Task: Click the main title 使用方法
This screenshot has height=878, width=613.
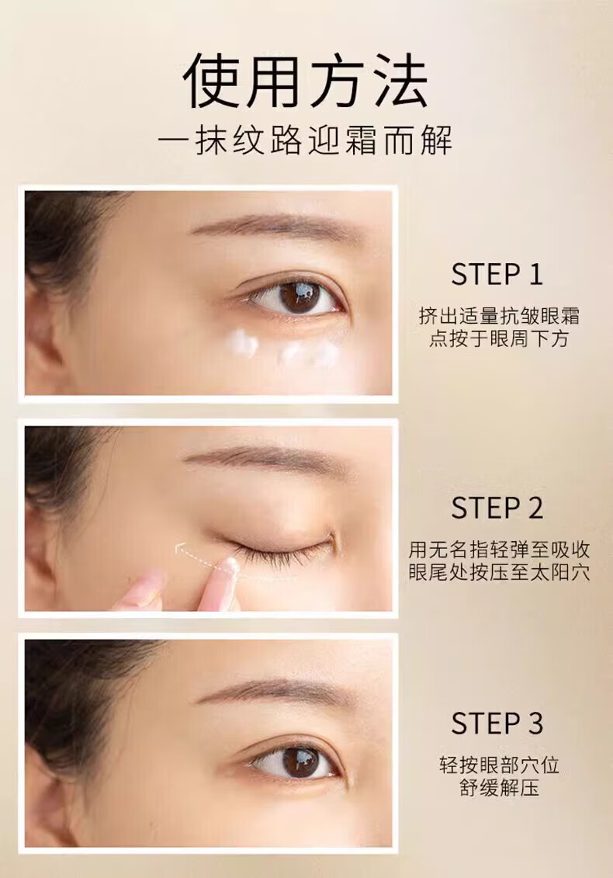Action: pyautogui.click(x=306, y=82)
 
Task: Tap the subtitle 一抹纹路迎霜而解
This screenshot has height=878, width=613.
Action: pyautogui.click(x=306, y=140)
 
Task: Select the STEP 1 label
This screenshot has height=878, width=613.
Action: pyautogui.click(x=497, y=275)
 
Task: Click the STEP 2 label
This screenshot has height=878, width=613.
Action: pyautogui.click(x=497, y=508)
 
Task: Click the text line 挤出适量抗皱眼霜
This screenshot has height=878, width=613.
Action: pyautogui.click(x=499, y=316)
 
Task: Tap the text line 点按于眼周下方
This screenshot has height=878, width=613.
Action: pyautogui.click(x=499, y=338)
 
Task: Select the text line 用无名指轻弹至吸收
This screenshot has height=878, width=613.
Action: pyautogui.click(x=499, y=550)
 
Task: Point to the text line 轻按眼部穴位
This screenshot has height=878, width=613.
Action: pyautogui.click(x=499, y=765)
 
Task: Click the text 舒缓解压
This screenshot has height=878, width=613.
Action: pyautogui.click(x=499, y=788)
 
